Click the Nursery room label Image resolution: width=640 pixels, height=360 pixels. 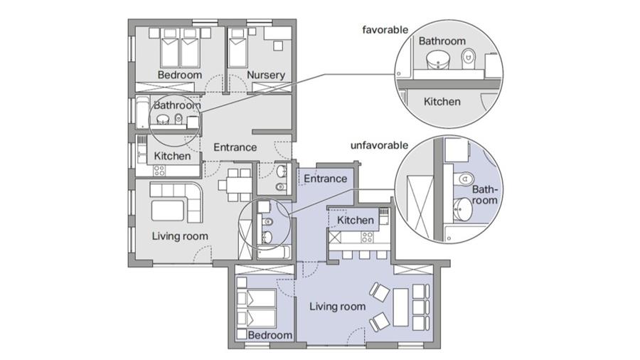(266, 75)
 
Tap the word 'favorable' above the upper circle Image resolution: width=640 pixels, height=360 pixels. (385, 30)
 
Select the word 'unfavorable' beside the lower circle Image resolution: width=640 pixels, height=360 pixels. (379, 145)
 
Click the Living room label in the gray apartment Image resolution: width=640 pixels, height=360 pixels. (180, 236)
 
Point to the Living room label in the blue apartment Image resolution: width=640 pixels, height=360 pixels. (337, 307)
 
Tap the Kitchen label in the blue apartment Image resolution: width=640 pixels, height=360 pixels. (356, 221)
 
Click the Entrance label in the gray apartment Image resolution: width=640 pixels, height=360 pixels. (235, 147)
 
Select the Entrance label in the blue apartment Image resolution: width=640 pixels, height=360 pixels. (325, 179)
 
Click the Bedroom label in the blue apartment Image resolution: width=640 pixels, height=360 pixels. (270, 335)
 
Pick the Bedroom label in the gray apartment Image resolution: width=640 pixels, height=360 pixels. (180, 75)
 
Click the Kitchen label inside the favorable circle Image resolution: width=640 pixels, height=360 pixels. (442, 102)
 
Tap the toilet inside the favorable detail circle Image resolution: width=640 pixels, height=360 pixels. (469, 59)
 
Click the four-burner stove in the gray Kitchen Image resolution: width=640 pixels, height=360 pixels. (159, 171)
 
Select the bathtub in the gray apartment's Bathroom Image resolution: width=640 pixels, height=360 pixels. (143, 113)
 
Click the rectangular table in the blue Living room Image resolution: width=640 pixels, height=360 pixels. (401, 307)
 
